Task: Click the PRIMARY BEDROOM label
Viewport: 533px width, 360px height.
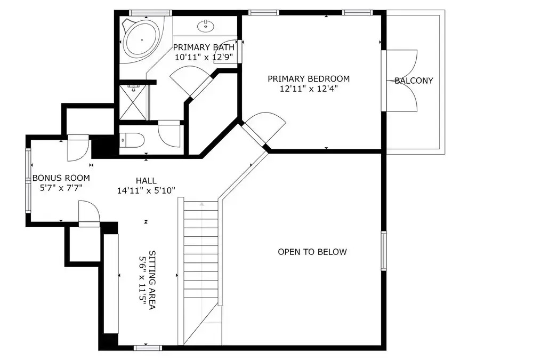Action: tap(309, 79)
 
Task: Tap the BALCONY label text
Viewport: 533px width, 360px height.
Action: tap(414, 81)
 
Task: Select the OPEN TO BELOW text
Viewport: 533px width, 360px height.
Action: tap(312, 252)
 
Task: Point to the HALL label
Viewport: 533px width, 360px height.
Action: tap(146, 181)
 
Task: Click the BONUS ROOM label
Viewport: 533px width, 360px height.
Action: tap(61, 178)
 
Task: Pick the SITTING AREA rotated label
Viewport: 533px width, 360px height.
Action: tap(152, 280)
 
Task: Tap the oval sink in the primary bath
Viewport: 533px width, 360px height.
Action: tap(206, 26)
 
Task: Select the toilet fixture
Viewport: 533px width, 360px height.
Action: tap(133, 140)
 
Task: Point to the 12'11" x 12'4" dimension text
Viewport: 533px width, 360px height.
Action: tap(309, 89)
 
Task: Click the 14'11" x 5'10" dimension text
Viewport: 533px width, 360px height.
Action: tap(146, 191)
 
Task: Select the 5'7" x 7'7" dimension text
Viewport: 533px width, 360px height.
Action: tap(61, 188)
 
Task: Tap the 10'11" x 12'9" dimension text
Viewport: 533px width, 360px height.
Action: tap(204, 57)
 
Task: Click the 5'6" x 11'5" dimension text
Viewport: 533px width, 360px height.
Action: tap(142, 280)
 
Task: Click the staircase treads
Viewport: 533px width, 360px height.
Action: tap(201, 253)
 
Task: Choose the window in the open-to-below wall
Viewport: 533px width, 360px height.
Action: tap(384, 251)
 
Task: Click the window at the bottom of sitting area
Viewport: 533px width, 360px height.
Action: tap(148, 348)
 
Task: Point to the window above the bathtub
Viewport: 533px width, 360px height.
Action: tap(146, 13)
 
